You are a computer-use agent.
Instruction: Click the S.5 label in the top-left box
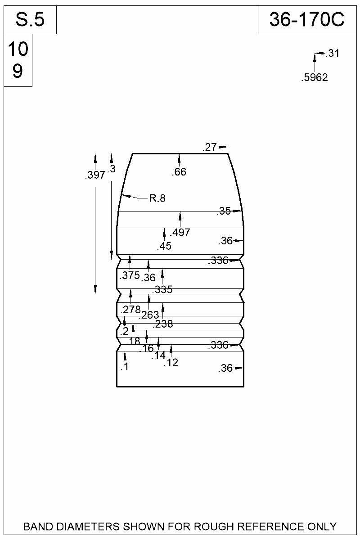coord(30,19)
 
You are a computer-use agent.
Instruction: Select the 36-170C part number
coord(307,19)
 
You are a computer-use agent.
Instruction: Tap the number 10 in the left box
coord(18,49)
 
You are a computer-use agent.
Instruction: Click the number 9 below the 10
coord(18,71)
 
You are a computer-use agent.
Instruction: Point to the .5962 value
coord(315,77)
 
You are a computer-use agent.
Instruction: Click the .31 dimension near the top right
coord(332,53)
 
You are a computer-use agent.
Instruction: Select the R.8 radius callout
coord(157,198)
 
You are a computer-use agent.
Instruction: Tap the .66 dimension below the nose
coord(179,172)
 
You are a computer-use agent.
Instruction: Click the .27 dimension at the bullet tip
coord(210,147)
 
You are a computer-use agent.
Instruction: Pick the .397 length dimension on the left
coord(95,175)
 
